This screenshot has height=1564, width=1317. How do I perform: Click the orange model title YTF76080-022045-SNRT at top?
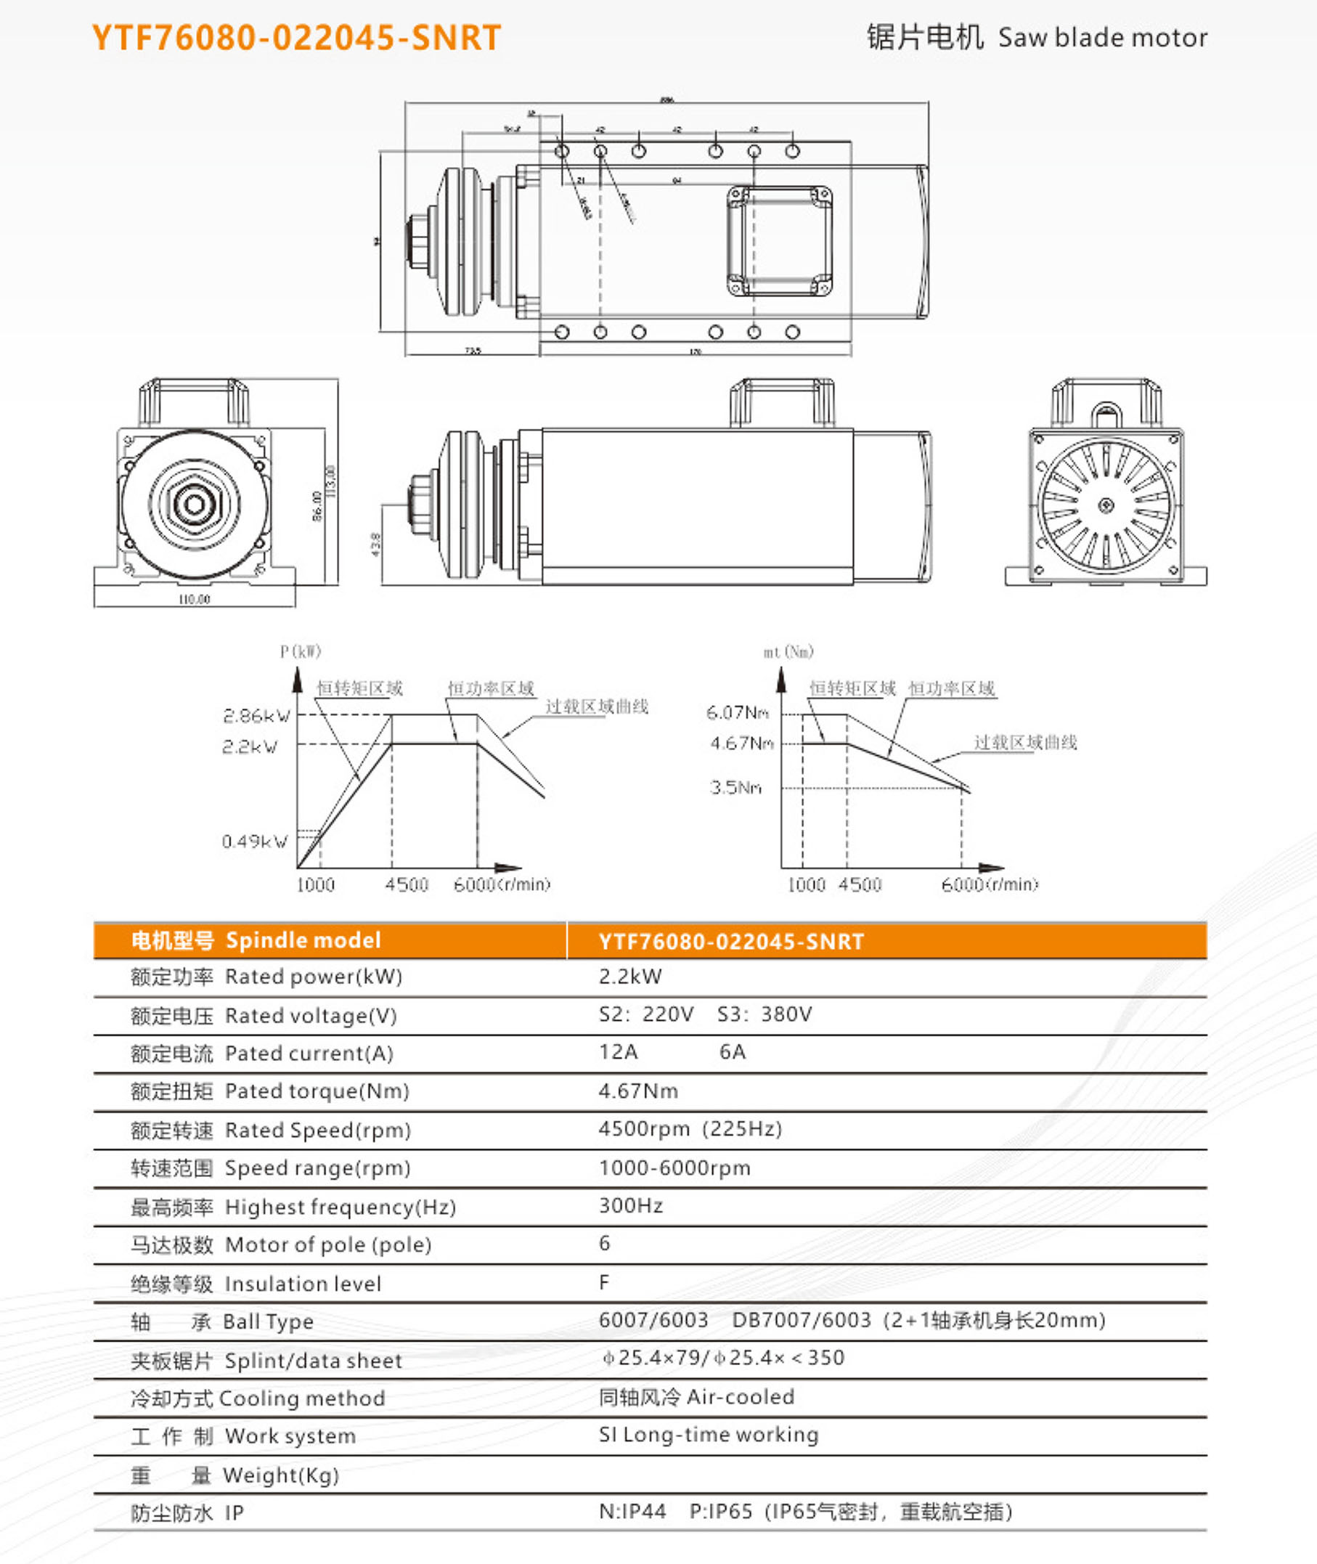pyautogui.click(x=296, y=38)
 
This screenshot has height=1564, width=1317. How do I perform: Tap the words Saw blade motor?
pyautogui.click(x=1102, y=38)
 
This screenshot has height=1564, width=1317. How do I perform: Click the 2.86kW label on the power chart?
pyautogui.click(x=256, y=716)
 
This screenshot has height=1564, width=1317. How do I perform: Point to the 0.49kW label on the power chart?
pyautogui.click(x=255, y=842)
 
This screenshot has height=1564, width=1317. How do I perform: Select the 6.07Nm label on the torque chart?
pyautogui.click(x=737, y=713)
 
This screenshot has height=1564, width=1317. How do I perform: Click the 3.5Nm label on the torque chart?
pyautogui.click(x=735, y=788)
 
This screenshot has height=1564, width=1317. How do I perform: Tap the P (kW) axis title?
pyautogui.click(x=300, y=651)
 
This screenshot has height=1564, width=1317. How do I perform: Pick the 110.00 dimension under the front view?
pyautogui.click(x=194, y=599)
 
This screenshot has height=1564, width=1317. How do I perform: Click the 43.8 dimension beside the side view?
pyautogui.click(x=375, y=545)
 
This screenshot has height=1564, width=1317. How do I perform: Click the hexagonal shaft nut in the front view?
pyautogui.click(x=195, y=504)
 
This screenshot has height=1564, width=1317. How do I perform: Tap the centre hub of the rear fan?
pyautogui.click(x=1106, y=506)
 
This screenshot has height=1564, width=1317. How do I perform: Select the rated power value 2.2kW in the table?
pyautogui.click(x=630, y=977)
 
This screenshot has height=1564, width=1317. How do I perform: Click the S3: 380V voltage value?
pyautogui.click(x=764, y=1014)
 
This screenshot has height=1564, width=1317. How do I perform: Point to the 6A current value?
pyautogui.click(x=732, y=1052)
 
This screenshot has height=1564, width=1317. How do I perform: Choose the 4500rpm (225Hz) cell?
pyautogui.click(x=690, y=1129)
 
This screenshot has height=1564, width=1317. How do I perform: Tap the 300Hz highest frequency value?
pyautogui.click(x=631, y=1205)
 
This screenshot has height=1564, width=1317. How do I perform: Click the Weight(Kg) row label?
pyautogui.click(x=281, y=1475)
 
